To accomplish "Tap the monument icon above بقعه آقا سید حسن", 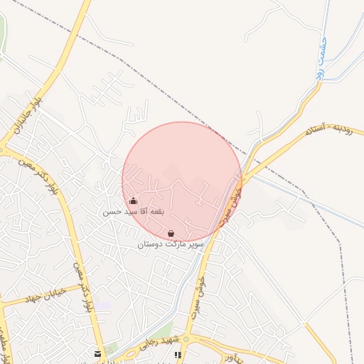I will [133, 201].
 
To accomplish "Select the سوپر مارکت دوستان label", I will [171, 244].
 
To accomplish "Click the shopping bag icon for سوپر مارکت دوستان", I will [171, 233].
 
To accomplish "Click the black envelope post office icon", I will [97, 353].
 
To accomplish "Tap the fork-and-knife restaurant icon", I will [178, 354].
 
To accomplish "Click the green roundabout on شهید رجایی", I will [186, 339].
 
